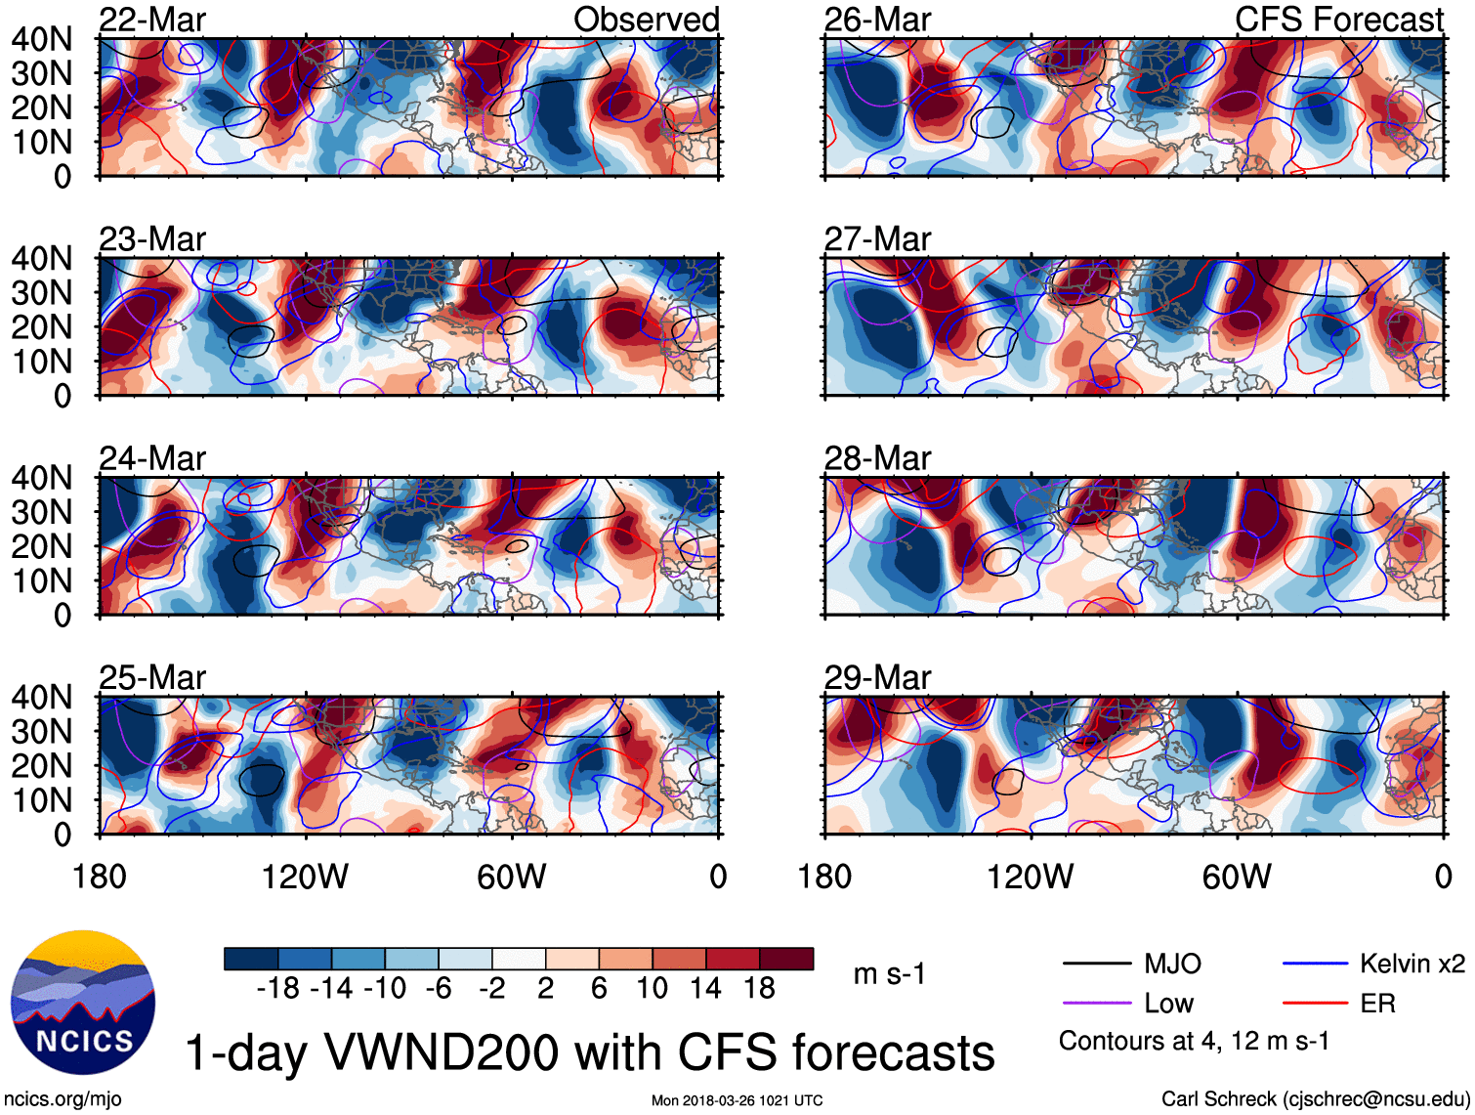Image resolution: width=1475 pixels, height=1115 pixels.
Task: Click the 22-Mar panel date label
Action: tap(152, 20)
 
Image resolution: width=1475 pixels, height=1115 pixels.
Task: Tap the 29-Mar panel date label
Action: tap(877, 677)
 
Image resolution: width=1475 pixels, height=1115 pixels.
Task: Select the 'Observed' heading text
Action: tap(646, 20)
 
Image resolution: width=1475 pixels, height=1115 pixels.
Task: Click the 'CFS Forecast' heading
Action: tap(1338, 20)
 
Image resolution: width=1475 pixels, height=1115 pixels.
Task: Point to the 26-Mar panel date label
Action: tap(877, 20)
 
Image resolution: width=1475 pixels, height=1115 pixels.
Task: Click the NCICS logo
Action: tap(83, 1003)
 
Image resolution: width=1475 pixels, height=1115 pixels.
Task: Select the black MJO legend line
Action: tap(1096, 965)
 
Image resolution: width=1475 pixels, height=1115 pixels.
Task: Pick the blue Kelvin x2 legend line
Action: tap(1315, 965)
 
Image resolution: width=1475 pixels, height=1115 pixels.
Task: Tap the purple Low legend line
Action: tap(1096, 1004)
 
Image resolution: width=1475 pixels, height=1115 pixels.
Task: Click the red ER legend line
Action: tap(1315, 1004)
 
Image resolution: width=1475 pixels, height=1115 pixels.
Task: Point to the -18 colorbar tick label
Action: tap(277, 989)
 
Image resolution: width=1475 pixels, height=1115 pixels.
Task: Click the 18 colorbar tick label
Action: tap(759, 989)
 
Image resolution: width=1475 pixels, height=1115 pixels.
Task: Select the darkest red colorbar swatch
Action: tap(786, 959)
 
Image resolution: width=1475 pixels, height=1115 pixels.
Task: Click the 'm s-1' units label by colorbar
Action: tap(889, 974)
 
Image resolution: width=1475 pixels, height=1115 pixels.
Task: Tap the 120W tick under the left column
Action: tap(305, 877)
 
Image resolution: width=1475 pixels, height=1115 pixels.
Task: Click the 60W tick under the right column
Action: tap(1237, 877)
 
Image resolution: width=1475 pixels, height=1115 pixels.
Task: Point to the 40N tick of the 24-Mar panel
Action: tap(41, 478)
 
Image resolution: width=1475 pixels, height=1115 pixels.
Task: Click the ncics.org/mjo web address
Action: tap(63, 1098)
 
